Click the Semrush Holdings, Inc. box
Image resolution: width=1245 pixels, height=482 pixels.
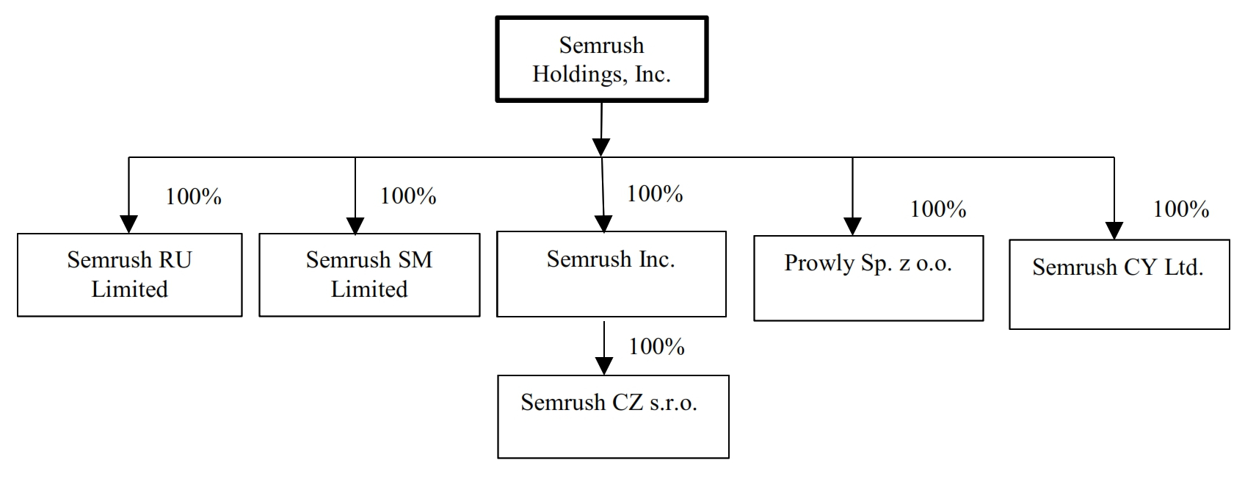pos(601,59)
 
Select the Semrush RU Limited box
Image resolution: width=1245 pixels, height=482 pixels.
pos(129,275)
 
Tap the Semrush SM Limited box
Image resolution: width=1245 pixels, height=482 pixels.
pos(369,275)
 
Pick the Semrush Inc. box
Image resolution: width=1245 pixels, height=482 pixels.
pos(611,274)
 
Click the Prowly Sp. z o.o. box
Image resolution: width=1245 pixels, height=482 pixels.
pos(868,278)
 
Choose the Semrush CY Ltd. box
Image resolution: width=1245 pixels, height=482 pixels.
pos(1119,284)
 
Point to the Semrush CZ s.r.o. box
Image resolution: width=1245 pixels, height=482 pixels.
pos(613,417)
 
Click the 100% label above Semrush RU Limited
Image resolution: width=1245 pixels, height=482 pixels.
pos(193,197)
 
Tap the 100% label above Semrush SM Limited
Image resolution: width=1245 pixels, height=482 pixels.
pos(408,196)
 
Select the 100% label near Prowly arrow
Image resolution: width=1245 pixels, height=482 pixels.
pos(938,209)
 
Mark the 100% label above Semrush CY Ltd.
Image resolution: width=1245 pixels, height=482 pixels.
pos(1180,209)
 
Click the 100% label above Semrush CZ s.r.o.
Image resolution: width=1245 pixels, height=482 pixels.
pos(656,347)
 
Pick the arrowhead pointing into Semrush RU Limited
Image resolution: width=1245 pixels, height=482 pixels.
pos(128,225)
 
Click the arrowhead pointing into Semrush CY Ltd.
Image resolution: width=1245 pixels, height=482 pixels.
pos(1114,231)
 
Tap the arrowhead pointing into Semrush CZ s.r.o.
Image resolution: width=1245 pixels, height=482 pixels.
pos(603,366)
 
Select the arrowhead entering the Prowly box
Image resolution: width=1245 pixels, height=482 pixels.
pos(852,226)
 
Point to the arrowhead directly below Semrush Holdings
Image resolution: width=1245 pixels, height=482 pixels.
pos(601,147)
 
